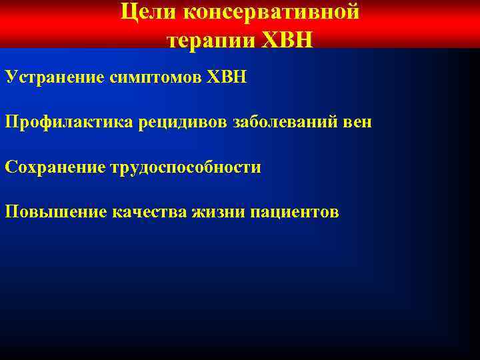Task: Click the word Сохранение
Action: click(54, 167)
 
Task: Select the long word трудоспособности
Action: click(185, 167)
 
